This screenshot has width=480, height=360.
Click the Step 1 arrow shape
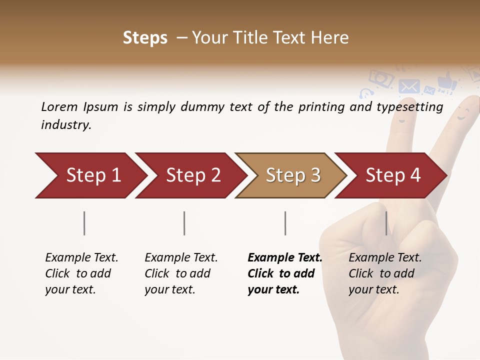pos(90,175)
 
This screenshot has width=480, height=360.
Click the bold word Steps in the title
pos(145,38)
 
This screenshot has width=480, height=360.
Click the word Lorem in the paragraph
pos(59,106)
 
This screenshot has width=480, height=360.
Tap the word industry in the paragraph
pos(65,124)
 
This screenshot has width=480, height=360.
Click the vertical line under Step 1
pos(84,223)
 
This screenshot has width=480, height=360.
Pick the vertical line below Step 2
pos(184,223)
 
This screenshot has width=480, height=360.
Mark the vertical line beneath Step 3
pos(285,223)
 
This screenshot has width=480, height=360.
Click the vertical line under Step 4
pos(386,223)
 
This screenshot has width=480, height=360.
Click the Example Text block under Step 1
pos(81,273)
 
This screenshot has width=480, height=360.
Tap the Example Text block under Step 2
pos(181,273)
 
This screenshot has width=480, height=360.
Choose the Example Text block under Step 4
pos(385,273)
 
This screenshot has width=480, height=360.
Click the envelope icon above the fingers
pos(409,86)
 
